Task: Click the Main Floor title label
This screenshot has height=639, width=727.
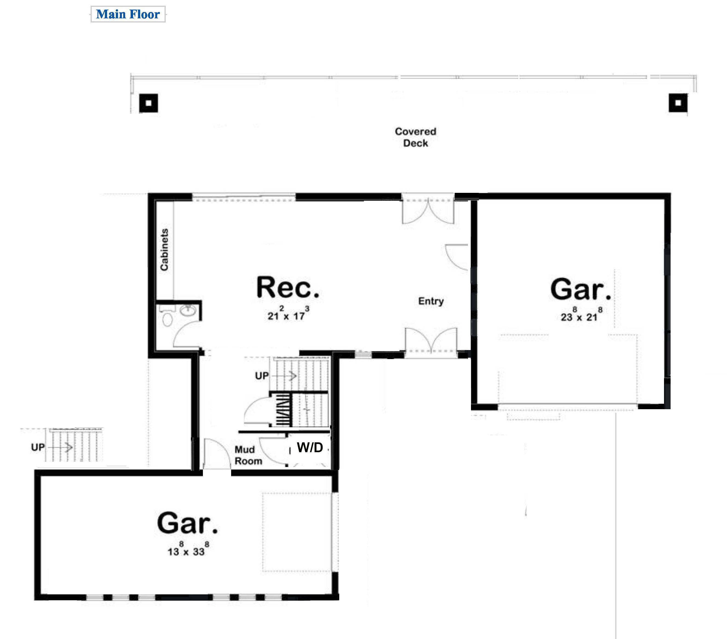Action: [x=128, y=14]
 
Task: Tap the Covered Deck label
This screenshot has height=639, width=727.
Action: [x=415, y=137]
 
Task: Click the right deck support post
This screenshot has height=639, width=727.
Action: [x=678, y=103]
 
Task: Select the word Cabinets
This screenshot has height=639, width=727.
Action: [x=164, y=250]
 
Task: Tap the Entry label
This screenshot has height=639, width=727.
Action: [x=431, y=301]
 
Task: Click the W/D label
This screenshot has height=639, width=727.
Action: [x=310, y=447]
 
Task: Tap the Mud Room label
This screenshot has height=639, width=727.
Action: [x=248, y=455]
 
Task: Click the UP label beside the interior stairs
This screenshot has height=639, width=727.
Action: [x=262, y=376]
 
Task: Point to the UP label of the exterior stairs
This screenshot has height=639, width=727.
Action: [x=38, y=447]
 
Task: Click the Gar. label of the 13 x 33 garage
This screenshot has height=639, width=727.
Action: [x=188, y=523]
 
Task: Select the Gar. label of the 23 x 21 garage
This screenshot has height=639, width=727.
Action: [x=581, y=289]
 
